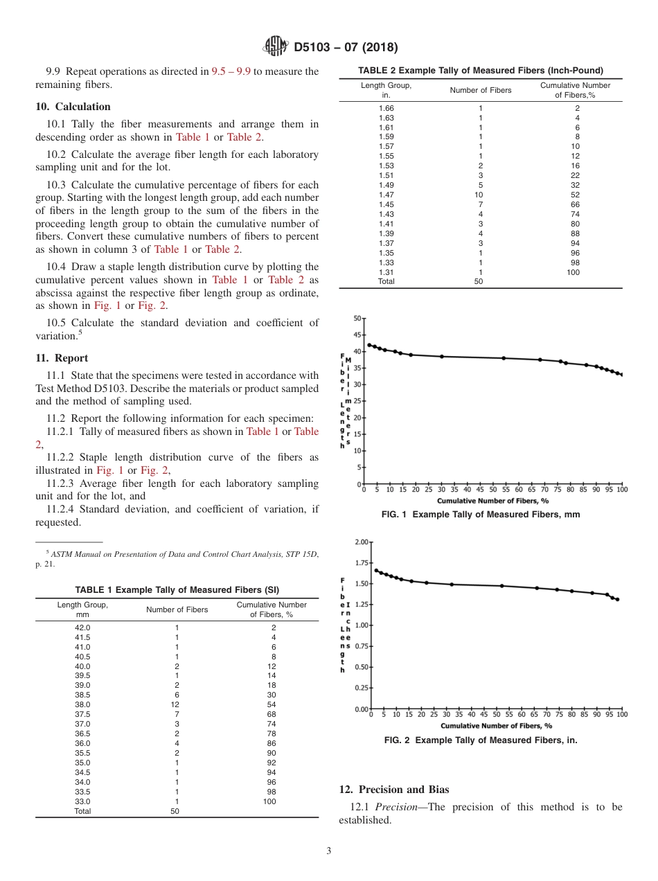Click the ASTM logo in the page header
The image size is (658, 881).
(276, 47)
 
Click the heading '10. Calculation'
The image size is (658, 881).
(73, 107)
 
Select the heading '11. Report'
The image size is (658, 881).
(62, 358)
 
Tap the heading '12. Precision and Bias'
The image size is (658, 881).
(393, 790)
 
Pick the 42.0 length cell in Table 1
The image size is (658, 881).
(82, 628)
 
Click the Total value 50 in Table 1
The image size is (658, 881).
(175, 811)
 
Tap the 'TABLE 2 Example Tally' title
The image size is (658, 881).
(480, 70)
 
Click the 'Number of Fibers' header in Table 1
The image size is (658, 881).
(177, 609)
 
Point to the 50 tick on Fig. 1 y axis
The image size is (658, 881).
(357, 319)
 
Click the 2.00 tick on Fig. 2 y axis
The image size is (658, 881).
(361, 542)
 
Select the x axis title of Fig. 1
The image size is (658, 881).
(492, 500)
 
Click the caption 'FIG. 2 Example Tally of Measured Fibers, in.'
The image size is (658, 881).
(480, 740)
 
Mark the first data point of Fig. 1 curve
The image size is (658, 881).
(369, 345)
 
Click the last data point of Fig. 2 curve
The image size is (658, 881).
(617, 599)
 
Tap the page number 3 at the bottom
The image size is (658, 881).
(328, 851)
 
